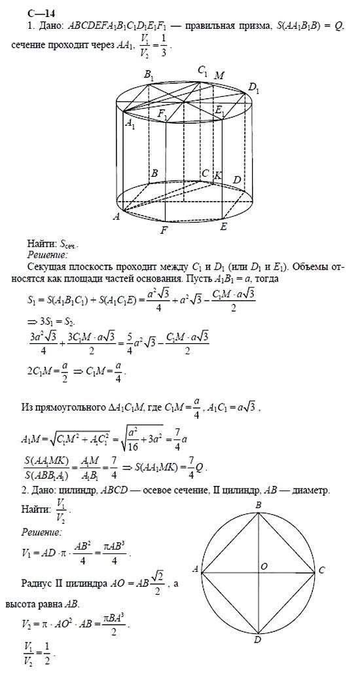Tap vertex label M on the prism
221,76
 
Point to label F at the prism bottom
165,231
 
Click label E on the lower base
224,227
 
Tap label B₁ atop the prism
149,76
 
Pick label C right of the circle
321,570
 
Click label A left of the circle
196,569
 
